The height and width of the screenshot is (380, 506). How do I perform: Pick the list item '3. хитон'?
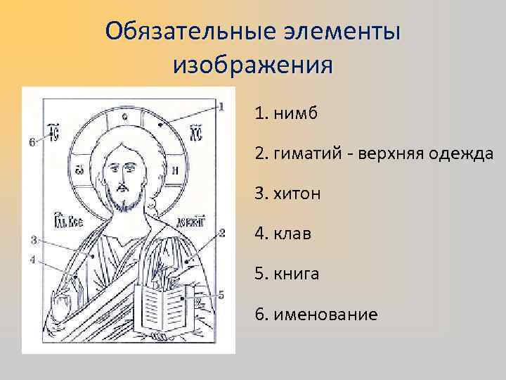pos(287,194)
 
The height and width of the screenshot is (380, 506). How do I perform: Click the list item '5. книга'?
pos(287,274)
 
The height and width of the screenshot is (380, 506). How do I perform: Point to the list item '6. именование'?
pos(316,314)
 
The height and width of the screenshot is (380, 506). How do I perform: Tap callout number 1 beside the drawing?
pos(221,107)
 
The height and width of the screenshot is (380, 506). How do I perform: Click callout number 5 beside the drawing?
pos(220,295)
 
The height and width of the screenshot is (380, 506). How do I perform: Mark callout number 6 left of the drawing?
pos(32,142)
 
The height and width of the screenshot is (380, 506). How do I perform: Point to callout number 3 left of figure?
pos(33,241)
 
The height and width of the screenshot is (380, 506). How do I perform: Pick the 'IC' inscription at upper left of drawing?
pos(52,132)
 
